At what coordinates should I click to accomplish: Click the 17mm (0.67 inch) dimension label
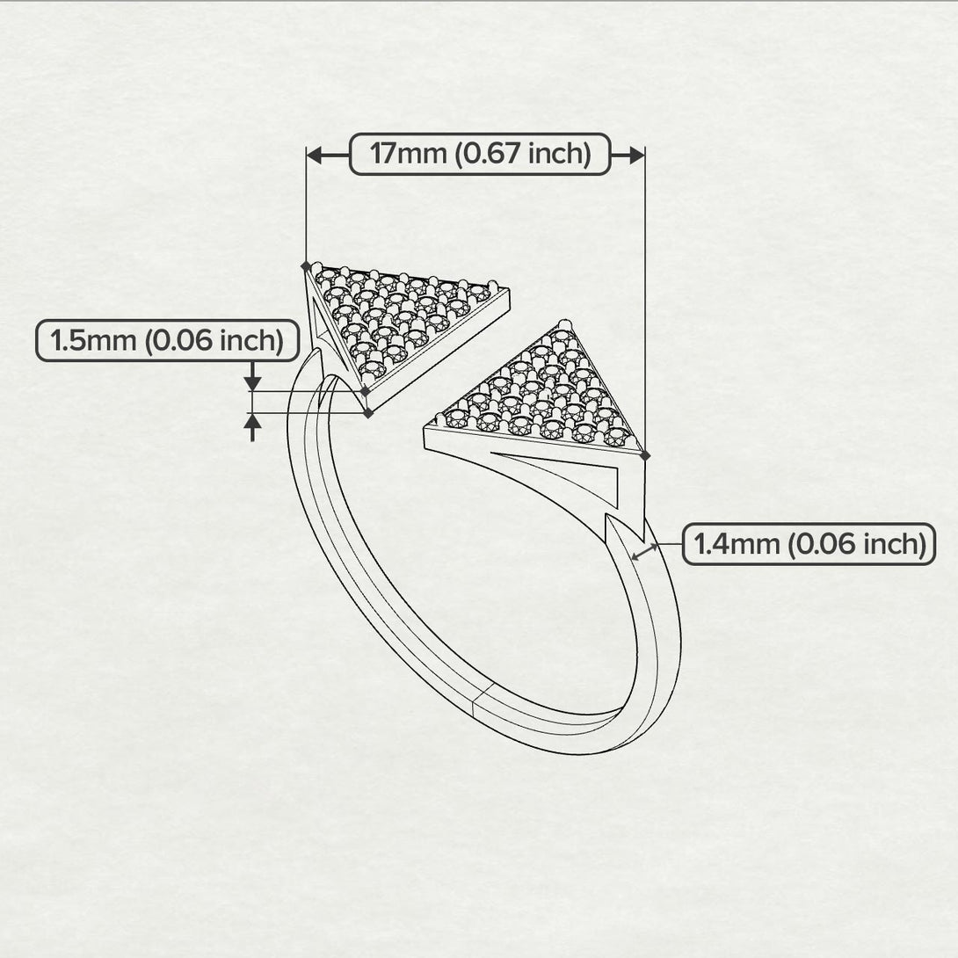(x=480, y=154)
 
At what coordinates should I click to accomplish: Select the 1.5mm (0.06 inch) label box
(x=167, y=341)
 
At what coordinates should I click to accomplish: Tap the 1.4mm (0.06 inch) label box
(x=809, y=544)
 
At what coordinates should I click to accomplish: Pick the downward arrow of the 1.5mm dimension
(x=253, y=380)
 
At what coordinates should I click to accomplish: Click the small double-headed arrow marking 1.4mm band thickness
(x=646, y=552)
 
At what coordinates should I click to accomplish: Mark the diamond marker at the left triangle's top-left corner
(x=306, y=265)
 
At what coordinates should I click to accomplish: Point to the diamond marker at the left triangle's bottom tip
(x=367, y=411)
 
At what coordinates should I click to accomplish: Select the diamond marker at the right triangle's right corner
(x=646, y=455)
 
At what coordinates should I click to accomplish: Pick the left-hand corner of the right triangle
(x=428, y=425)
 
